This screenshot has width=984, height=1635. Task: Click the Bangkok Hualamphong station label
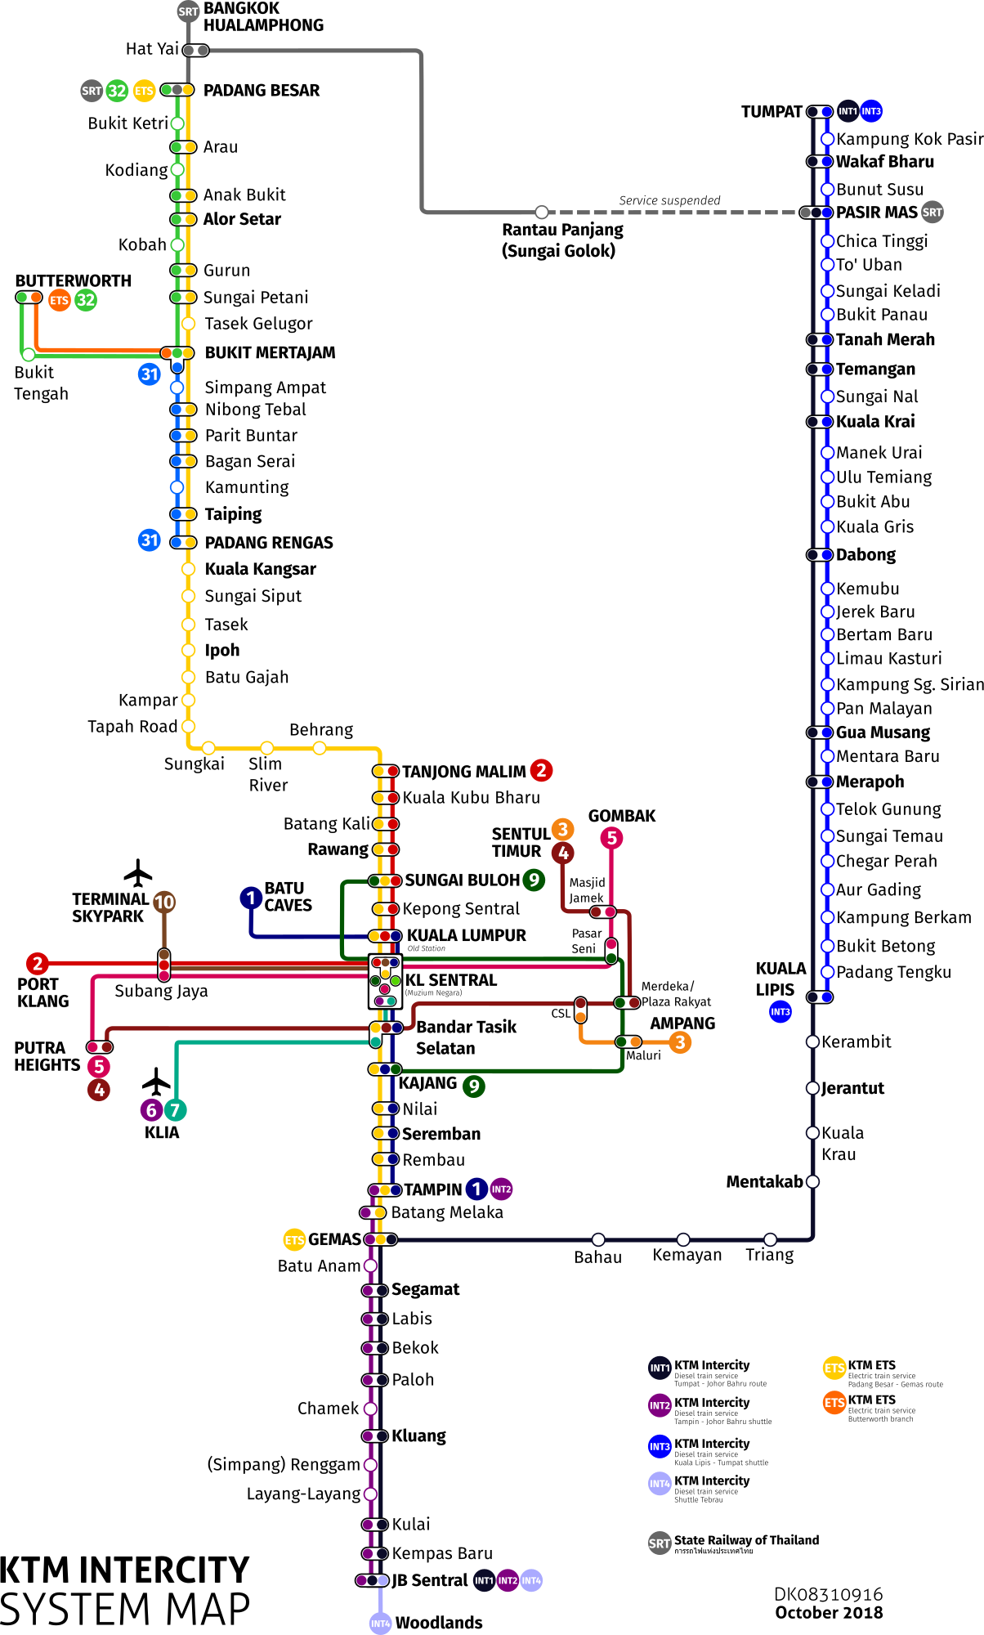coord(262,17)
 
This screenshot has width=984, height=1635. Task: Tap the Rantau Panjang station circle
coord(541,212)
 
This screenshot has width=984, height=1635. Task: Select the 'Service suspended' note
coord(669,200)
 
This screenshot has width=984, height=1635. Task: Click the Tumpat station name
coord(771,112)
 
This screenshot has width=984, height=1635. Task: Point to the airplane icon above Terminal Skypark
coord(138,872)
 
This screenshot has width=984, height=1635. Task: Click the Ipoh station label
coord(222,651)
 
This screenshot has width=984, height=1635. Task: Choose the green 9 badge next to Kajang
coord(474,1086)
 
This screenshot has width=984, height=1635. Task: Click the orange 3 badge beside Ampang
coord(679,1042)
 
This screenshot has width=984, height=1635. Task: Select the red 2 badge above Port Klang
coord(37,963)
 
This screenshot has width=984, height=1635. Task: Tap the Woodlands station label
coord(439,1623)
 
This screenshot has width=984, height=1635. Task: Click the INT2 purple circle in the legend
coord(660,1405)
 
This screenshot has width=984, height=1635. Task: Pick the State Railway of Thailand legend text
coord(745,1540)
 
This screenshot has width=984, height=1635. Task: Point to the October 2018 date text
coord(829,1613)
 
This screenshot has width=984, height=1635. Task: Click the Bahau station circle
coord(598,1239)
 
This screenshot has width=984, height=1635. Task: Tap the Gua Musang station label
coord(883,732)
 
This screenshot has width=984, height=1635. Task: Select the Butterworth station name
coord(74,280)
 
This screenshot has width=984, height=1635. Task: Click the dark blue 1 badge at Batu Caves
coord(251,898)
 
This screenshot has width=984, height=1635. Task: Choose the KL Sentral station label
coord(451,980)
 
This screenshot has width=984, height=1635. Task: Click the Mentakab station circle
coord(812,1181)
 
